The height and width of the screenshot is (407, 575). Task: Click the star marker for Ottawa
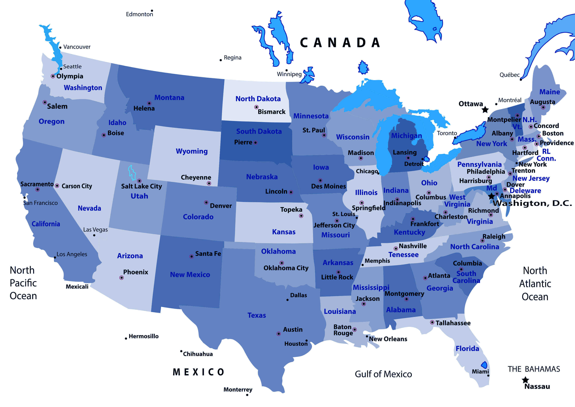pos(485,109)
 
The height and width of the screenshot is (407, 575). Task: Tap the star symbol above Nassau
pos(525,380)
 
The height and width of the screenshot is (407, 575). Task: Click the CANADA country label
pos(340,43)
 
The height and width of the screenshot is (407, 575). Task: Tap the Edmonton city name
pos(139,14)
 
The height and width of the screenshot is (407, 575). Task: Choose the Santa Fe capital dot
pos(191,256)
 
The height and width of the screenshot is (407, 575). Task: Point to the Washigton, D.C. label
pos(532,203)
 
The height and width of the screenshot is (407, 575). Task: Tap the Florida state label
pos(467,348)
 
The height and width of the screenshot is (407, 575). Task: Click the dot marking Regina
pos(221,60)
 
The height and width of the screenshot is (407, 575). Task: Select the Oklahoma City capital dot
pos(282,263)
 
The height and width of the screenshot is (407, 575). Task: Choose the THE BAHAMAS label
pos(534,369)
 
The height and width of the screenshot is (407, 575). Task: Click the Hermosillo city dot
pos(126,339)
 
